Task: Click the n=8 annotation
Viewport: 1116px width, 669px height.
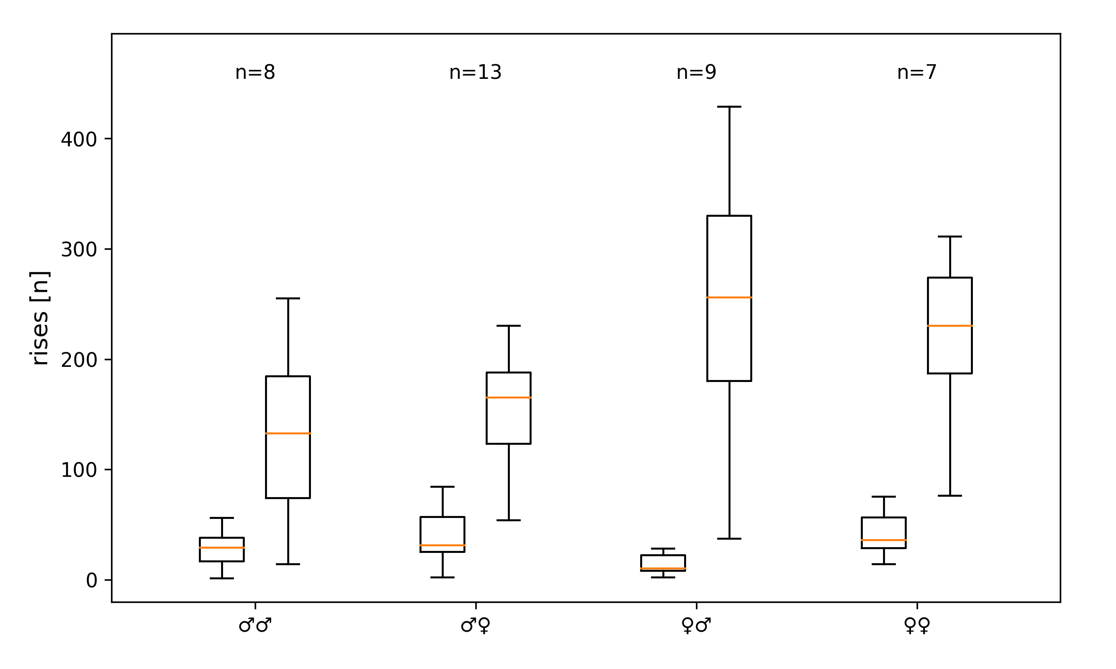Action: click(x=255, y=73)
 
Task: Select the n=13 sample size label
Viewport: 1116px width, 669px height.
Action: click(x=475, y=73)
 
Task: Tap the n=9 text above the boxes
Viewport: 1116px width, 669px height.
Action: click(x=696, y=73)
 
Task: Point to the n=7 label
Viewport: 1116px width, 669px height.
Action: click(x=917, y=73)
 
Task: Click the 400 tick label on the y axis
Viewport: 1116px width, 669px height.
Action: click(x=79, y=140)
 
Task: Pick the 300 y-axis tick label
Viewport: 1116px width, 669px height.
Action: click(x=79, y=250)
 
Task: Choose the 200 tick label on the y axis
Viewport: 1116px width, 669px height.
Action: click(x=79, y=360)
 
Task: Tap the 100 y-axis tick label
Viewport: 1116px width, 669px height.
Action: click(x=79, y=471)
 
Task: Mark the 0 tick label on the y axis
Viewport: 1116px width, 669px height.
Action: click(x=91, y=581)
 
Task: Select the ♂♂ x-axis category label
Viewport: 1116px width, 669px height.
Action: click(x=255, y=626)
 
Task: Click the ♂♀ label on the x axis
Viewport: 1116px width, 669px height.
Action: click(x=476, y=626)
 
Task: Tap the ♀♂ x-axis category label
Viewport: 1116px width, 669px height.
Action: click(x=696, y=626)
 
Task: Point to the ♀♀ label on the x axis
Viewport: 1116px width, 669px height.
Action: click(x=917, y=626)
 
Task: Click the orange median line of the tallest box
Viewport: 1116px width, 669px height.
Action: click(x=729, y=297)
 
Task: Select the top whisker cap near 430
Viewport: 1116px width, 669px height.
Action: click(x=729, y=107)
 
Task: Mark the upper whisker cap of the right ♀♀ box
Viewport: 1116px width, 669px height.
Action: click(x=950, y=237)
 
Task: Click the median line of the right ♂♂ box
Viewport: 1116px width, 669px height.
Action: click(x=288, y=433)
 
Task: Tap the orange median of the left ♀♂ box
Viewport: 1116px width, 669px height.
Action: click(x=663, y=568)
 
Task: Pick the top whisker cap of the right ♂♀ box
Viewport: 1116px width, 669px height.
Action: click(x=508, y=326)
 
